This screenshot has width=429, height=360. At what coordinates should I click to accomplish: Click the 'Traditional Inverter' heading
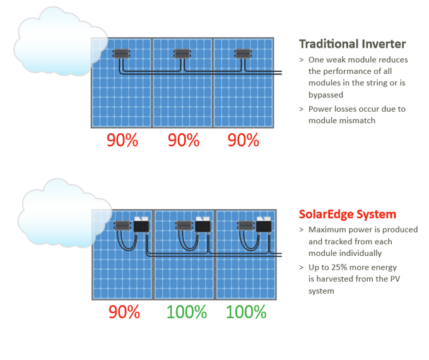coord(353,44)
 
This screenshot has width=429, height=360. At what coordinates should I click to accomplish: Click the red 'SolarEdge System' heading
coord(348,214)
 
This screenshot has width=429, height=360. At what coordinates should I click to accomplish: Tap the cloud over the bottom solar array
coord(64,213)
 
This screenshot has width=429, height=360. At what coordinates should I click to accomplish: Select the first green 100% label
coord(187,312)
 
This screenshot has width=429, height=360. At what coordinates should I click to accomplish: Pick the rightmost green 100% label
coord(246,312)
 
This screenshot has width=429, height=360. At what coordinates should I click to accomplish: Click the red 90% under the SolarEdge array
coord(124,312)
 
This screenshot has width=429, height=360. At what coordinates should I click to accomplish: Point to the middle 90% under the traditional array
coord(184,140)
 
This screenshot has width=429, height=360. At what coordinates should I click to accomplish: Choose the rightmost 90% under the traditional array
coord(244,140)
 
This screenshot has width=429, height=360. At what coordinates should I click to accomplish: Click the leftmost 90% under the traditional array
coord(122,140)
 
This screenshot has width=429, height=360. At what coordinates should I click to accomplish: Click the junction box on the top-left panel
coord(121,54)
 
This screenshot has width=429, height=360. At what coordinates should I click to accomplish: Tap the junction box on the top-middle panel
coord(182,54)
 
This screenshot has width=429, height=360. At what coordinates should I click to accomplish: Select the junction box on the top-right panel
coord(243,54)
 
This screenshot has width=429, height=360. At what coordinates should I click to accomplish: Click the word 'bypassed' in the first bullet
coord(326,95)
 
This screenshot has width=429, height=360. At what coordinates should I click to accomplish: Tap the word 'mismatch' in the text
coord(358,121)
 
